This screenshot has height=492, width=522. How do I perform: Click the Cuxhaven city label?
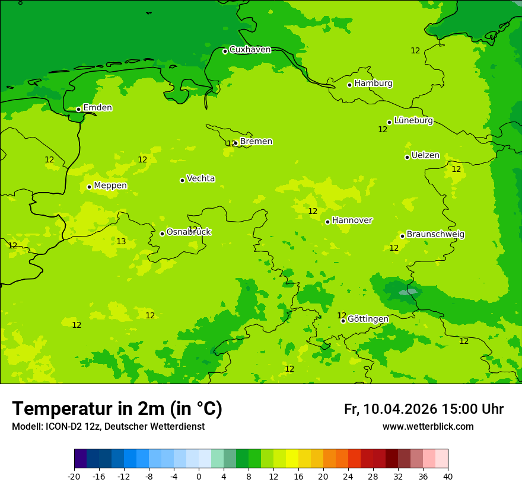(250, 50)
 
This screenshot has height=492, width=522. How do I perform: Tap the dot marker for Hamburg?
(350, 85)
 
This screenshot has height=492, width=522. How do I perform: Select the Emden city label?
(97, 108)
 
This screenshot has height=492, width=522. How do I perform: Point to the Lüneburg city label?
(413, 121)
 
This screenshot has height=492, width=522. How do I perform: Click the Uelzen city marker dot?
(407, 157)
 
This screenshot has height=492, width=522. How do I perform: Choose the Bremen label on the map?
(256, 142)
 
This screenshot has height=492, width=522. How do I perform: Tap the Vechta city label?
(200, 178)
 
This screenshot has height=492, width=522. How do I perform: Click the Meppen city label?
(110, 186)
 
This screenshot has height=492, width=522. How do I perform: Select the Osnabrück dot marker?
(162, 234)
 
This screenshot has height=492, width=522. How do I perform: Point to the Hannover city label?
(352, 221)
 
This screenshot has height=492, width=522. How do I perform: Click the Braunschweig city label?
(435, 235)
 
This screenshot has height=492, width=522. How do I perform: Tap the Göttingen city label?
(368, 320)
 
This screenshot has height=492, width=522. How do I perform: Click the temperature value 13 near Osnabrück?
(121, 242)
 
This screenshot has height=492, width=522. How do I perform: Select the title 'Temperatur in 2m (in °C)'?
(117, 408)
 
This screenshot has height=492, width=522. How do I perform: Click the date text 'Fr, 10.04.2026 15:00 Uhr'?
(424, 409)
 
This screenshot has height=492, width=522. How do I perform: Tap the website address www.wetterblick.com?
(428, 427)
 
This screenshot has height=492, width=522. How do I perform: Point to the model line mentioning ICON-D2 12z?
(108, 427)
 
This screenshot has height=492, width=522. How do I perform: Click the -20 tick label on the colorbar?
(74, 476)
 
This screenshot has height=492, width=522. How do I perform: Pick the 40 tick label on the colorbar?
(448, 476)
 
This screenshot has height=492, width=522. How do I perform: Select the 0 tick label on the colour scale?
(199, 476)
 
